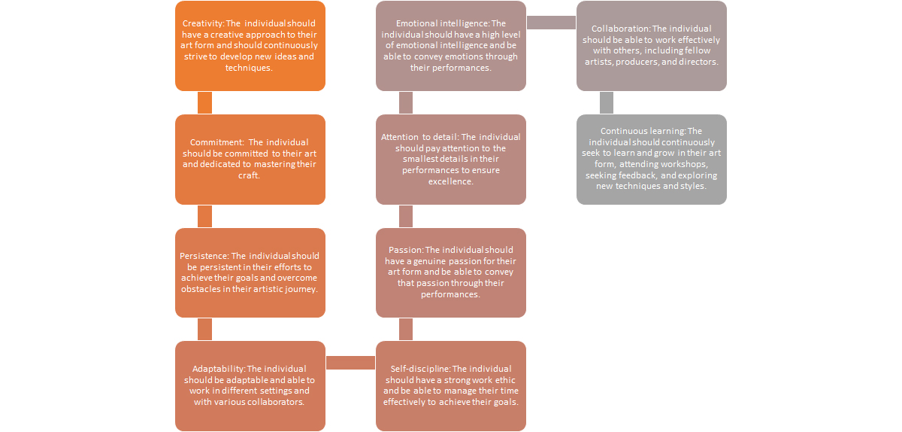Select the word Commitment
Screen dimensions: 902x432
216,142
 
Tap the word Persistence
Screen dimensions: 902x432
204,256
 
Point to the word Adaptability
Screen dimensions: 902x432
219,369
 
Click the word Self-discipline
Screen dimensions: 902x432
420,369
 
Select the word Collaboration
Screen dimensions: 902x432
620,29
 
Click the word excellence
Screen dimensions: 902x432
450,182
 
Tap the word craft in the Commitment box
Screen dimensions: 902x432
249,175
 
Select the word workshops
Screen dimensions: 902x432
684,165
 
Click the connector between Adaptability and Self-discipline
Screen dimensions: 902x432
350,363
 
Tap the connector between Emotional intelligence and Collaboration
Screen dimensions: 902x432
551,23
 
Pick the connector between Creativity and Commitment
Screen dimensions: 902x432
204,103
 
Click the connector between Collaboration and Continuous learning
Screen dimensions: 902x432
607,103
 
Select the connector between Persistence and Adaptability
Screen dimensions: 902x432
204,329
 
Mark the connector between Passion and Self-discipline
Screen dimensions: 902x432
406,329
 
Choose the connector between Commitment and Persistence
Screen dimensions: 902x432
204,217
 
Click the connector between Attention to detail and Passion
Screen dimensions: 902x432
406,217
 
